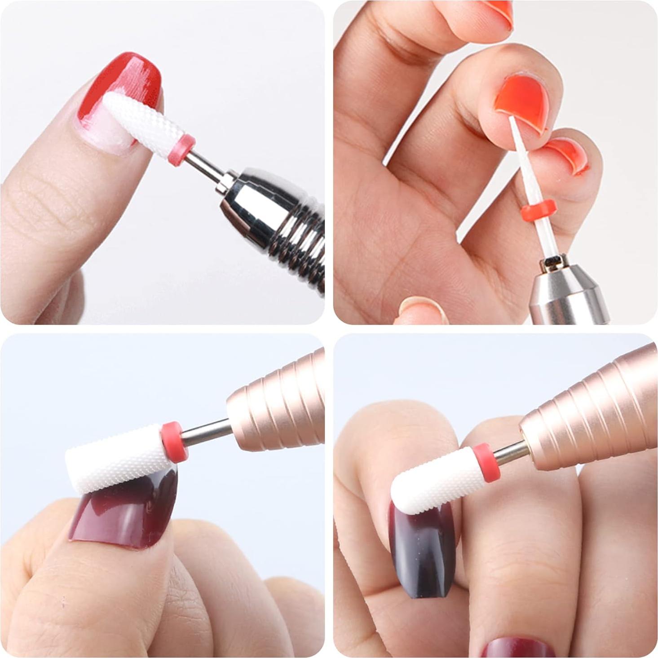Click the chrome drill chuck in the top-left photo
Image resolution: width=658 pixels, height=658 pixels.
pyautogui.click(x=274, y=220)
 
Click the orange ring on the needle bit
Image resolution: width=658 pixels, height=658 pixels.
pyautogui.click(x=539, y=209)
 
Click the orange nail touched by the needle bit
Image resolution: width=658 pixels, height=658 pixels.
pyautogui.click(x=521, y=101)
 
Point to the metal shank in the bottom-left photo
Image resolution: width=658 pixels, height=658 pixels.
pyautogui.click(x=207, y=431)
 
